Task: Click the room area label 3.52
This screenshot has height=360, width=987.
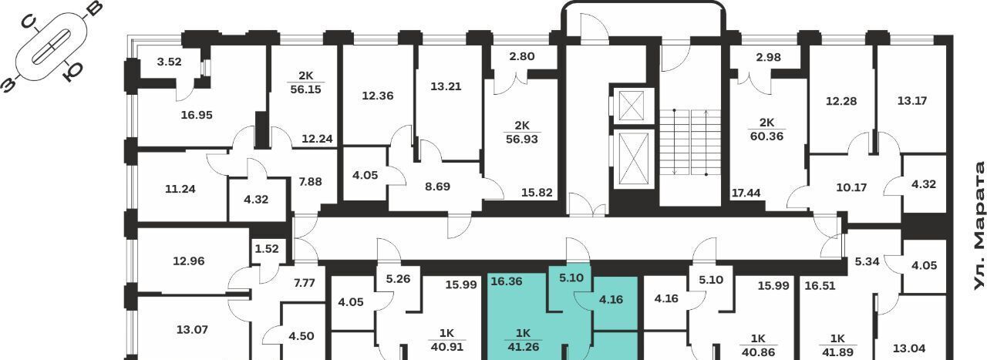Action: tap(169, 62)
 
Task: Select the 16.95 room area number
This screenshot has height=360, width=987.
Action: tap(197, 115)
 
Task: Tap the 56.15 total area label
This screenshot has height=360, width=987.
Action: tap(306, 89)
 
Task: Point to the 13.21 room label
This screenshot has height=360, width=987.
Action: tap(446, 86)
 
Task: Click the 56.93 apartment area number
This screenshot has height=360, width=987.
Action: tap(522, 140)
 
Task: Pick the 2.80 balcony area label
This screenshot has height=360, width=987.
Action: tap(522, 56)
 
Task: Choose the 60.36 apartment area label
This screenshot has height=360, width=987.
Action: tap(767, 136)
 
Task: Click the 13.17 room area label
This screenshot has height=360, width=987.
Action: tap(912, 101)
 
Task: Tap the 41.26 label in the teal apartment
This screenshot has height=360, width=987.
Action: tap(523, 347)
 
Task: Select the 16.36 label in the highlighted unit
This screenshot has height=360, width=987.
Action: tap(507, 281)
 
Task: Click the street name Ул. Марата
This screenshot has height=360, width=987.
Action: tap(979, 226)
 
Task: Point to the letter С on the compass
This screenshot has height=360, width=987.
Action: tap(29, 22)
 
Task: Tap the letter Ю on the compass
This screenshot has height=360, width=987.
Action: tap(72, 72)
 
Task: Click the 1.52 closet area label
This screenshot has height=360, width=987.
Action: tap(267, 249)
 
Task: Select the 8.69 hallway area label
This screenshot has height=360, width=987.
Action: tap(437, 187)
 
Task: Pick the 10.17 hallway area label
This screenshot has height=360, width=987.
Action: tap(851, 188)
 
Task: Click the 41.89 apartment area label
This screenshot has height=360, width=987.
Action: tap(837, 352)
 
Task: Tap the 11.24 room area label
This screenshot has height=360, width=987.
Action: tap(180, 189)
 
